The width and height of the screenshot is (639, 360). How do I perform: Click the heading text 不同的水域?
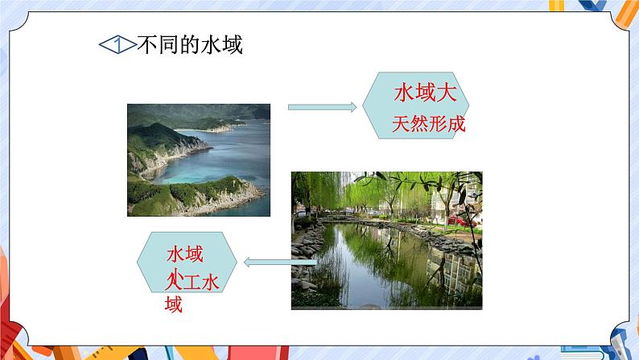[x=191, y=45]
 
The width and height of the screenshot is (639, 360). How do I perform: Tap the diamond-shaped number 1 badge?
[x=118, y=45]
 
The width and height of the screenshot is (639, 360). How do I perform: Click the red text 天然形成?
[x=429, y=126]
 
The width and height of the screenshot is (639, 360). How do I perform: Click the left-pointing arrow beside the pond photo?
[x=279, y=260]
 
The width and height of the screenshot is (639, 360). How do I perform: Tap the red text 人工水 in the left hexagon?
[x=192, y=282]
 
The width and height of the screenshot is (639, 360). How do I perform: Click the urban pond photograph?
[x=386, y=240]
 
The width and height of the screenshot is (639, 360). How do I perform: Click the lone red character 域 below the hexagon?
[x=173, y=304]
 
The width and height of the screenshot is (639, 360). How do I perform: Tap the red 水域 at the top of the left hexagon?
[x=183, y=254]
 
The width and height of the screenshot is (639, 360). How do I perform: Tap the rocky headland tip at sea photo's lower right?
[x=249, y=193]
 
